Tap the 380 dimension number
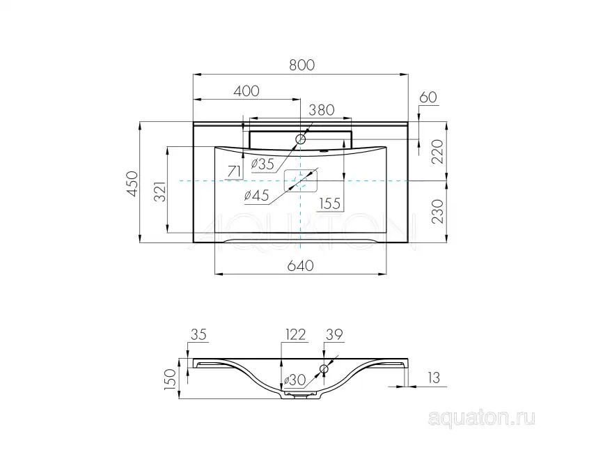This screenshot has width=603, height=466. (322, 109)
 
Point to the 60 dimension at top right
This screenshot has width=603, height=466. (428, 98)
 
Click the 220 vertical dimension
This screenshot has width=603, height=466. (437, 151)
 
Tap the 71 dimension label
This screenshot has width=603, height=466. (235, 171)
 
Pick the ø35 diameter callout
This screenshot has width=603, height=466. (262, 164)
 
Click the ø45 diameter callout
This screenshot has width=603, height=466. (257, 196)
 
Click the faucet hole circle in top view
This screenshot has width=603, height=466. (301, 139)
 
